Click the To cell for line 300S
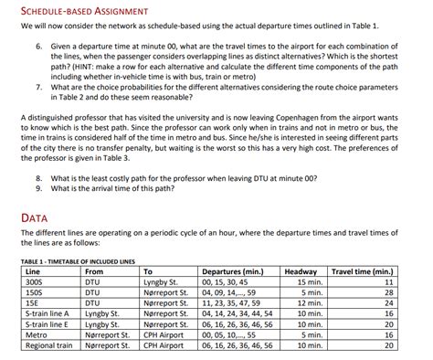(x=160, y=282)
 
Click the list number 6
(x=38, y=44)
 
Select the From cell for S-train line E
(x=103, y=323)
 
